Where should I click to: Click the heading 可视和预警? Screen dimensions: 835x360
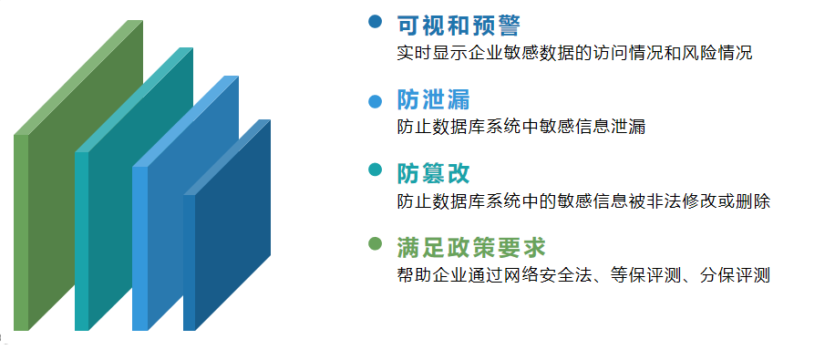(458, 26)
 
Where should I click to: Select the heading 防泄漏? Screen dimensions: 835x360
(434, 99)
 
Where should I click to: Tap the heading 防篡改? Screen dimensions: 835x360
(434, 173)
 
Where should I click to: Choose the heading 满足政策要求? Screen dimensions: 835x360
(471, 248)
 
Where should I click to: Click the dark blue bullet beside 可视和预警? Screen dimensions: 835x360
(376, 21)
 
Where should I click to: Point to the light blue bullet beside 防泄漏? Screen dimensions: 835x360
(376, 101)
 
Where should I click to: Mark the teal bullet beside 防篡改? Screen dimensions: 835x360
(376, 170)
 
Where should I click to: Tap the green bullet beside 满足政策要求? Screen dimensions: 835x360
(376, 243)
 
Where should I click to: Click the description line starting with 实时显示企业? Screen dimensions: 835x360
(574, 53)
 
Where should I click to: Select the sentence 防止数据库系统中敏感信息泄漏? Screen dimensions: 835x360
(521, 128)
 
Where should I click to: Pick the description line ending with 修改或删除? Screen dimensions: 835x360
(583, 201)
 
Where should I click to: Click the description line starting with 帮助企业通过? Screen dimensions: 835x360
(583, 275)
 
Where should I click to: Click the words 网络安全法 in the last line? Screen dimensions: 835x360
(548, 275)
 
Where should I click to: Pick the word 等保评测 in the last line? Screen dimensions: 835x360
(645, 275)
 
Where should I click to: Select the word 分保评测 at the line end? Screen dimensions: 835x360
(735, 275)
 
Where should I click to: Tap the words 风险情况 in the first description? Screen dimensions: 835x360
(716, 53)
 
